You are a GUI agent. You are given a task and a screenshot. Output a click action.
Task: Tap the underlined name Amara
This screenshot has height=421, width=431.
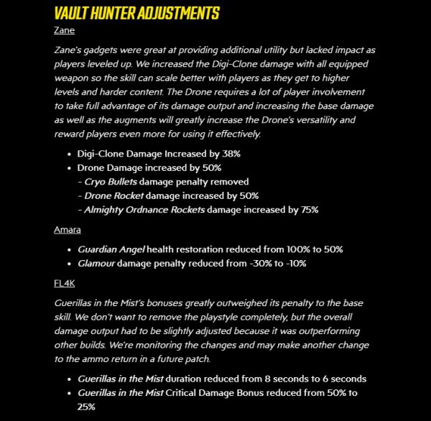[67, 230]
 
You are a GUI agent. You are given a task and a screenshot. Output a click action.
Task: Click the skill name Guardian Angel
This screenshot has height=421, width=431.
[111, 249]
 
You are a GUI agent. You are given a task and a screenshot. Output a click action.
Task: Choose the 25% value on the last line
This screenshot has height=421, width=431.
[87, 407]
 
